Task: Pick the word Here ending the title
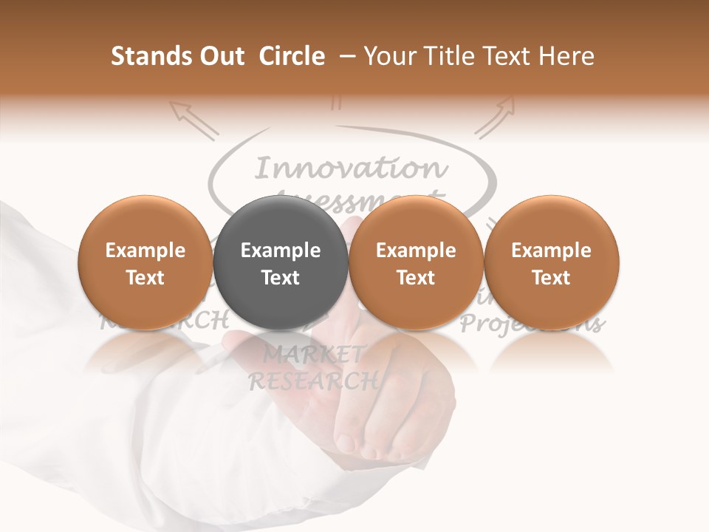566,56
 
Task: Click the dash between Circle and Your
344,56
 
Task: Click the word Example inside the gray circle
280,250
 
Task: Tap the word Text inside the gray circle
280,278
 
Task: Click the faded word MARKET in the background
313,355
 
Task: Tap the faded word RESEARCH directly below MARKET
313,381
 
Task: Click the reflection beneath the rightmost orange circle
551,352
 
